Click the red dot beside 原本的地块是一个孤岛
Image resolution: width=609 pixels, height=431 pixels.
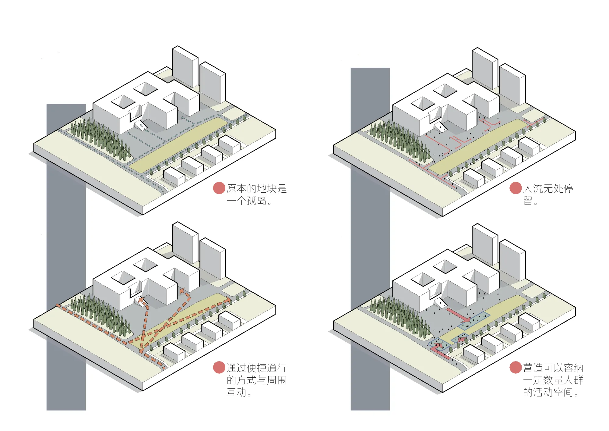pyautogui.click(x=219, y=188)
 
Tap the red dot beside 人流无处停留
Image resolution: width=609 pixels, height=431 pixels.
pyautogui.click(x=516, y=188)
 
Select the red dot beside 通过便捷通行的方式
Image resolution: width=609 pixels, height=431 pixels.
pyautogui.click(x=219, y=367)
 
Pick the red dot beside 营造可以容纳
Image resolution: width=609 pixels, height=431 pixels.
pyautogui.click(x=516, y=367)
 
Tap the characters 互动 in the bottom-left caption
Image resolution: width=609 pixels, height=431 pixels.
pyautogui.click(x=236, y=392)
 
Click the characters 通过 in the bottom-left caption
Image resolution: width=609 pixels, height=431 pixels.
pyautogui.click(x=236, y=368)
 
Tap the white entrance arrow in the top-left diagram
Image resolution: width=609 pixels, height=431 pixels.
pyautogui.click(x=140, y=125)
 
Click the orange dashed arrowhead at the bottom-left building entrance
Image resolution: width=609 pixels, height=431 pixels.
pyautogui.click(x=142, y=301)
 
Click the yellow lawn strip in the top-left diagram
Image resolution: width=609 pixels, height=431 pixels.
pyautogui.click(x=180, y=143)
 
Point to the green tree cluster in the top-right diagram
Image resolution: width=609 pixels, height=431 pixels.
pyautogui.click(x=399, y=140)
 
